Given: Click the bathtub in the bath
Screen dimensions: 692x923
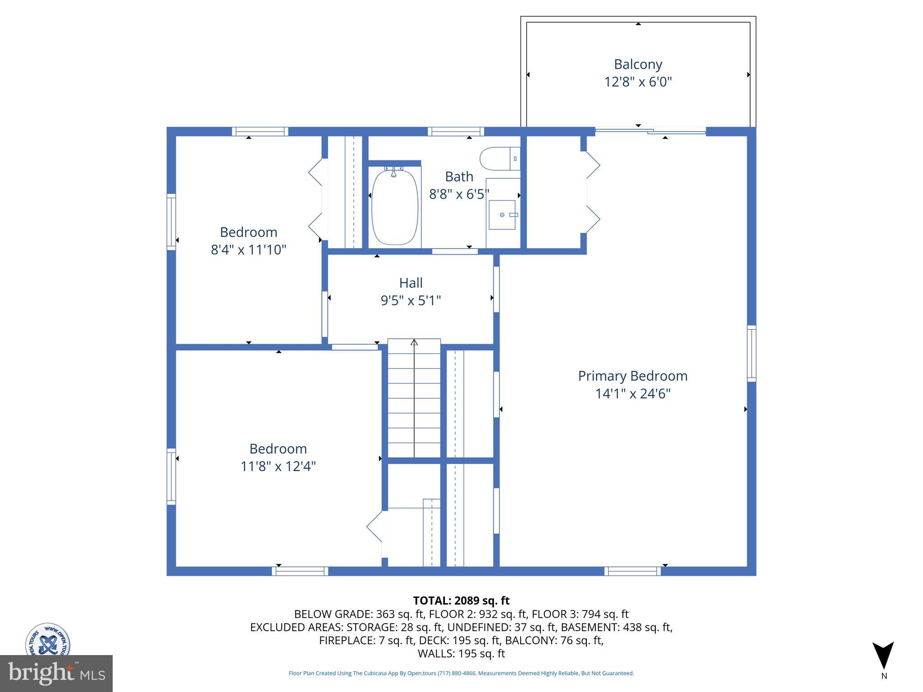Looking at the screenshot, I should pyautogui.click(x=395, y=207).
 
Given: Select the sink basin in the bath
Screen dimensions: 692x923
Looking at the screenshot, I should pyautogui.click(x=502, y=215).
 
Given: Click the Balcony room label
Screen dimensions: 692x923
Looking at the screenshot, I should pyautogui.click(x=638, y=64).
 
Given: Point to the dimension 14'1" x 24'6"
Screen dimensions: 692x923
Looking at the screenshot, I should pyautogui.click(x=633, y=394).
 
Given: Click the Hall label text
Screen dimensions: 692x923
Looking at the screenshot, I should pyautogui.click(x=411, y=283).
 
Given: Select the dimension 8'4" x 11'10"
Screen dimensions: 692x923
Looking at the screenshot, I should pyautogui.click(x=248, y=250).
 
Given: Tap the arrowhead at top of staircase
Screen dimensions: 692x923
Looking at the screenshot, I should pyautogui.click(x=414, y=342).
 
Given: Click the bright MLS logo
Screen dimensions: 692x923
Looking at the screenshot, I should pyautogui.click(x=56, y=674).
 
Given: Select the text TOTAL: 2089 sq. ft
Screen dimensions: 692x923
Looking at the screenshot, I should pyautogui.click(x=461, y=601).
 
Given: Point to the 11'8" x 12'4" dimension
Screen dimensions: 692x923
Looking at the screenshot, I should pyautogui.click(x=278, y=466).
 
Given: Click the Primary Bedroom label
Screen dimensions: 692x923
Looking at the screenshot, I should pyautogui.click(x=633, y=376).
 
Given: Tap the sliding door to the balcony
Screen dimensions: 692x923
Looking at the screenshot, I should pyautogui.click(x=650, y=131).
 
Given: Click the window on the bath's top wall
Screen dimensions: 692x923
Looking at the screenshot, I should pyautogui.click(x=456, y=132).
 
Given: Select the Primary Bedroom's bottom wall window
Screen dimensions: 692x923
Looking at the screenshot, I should pyautogui.click(x=632, y=571).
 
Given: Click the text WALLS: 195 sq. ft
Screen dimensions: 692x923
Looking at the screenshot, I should pyautogui.click(x=461, y=654).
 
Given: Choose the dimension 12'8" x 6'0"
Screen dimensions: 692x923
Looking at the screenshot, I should pyautogui.click(x=638, y=82).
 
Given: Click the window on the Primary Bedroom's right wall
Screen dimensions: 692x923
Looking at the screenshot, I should pyautogui.click(x=751, y=353).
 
